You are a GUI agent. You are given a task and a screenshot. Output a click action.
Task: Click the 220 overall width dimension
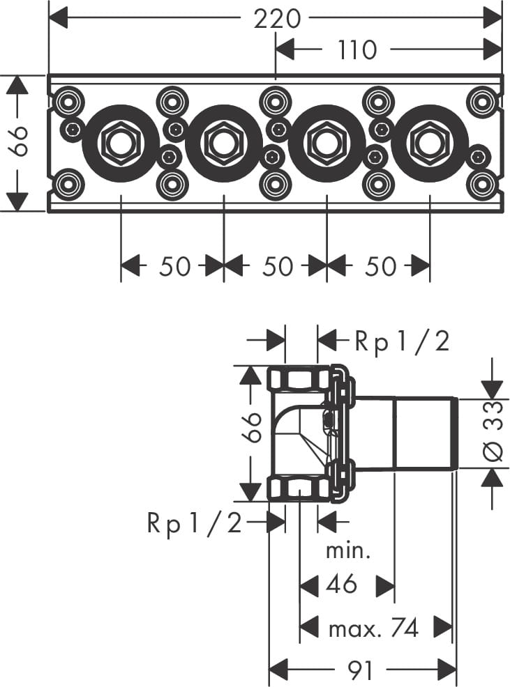[276, 19]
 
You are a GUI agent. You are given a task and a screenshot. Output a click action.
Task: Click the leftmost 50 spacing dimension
[174, 266]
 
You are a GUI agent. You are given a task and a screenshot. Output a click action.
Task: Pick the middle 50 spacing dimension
[276, 266]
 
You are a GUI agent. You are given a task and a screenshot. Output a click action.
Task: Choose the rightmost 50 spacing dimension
[380, 266]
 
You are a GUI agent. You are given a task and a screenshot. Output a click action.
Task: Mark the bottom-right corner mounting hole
[481, 185]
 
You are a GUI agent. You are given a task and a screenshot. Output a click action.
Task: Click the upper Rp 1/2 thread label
[402, 341]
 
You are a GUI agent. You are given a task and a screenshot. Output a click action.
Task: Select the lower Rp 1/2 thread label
[194, 523]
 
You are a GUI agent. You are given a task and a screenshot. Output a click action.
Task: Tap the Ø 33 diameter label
[493, 431]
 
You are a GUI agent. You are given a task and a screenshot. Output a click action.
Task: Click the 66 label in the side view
[253, 429]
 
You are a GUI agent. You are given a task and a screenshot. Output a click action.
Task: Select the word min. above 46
[348, 552]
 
